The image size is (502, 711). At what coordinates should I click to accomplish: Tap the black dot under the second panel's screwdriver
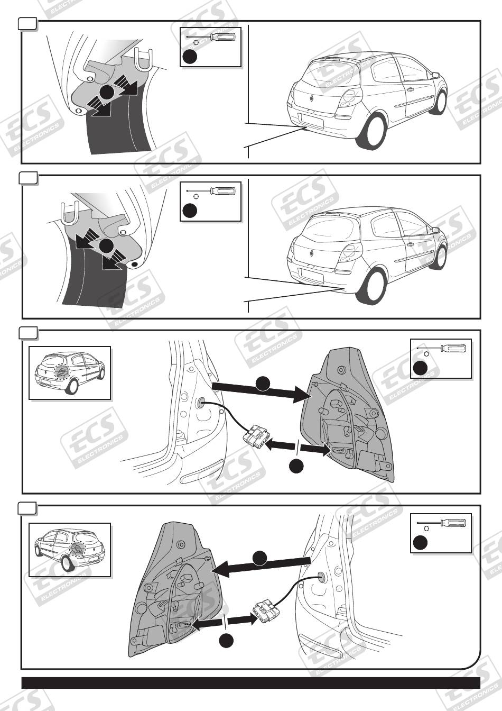[x=190, y=211]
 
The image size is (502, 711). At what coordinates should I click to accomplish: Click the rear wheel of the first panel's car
[x=370, y=132]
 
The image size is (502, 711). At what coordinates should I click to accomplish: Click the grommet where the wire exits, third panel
[x=201, y=403]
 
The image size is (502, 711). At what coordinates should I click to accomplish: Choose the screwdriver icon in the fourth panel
[x=441, y=523]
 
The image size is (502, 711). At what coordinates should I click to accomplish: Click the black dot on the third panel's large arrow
[x=263, y=384]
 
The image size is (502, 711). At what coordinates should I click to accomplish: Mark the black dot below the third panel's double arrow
[x=296, y=466]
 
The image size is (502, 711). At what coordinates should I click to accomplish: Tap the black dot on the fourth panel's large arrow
[x=260, y=558]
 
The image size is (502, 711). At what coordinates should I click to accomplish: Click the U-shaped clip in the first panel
[x=142, y=60]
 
